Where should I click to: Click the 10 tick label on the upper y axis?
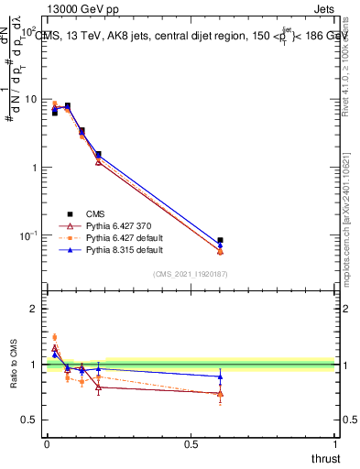(31, 99)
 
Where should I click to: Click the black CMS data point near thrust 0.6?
(220, 240)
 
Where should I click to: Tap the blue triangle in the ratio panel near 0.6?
(220, 376)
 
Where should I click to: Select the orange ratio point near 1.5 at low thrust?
(54, 337)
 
